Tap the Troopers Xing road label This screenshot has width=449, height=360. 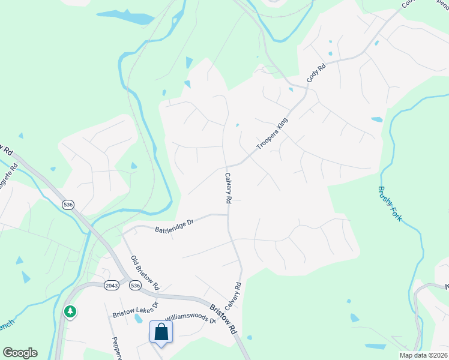[x=272, y=134]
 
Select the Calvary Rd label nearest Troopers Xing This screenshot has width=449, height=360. [x=229, y=190]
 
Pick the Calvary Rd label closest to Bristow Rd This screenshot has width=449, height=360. [x=235, y=295]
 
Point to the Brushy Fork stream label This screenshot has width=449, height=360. [x=389, y=202]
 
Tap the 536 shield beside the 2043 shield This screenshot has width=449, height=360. [x=135, y=286]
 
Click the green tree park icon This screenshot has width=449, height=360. [x=71, y=311]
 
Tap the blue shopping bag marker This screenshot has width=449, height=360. [x=161, y=332]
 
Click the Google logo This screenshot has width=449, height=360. [x=20, y=353]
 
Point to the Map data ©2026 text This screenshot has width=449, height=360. [x=422, y=355]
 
